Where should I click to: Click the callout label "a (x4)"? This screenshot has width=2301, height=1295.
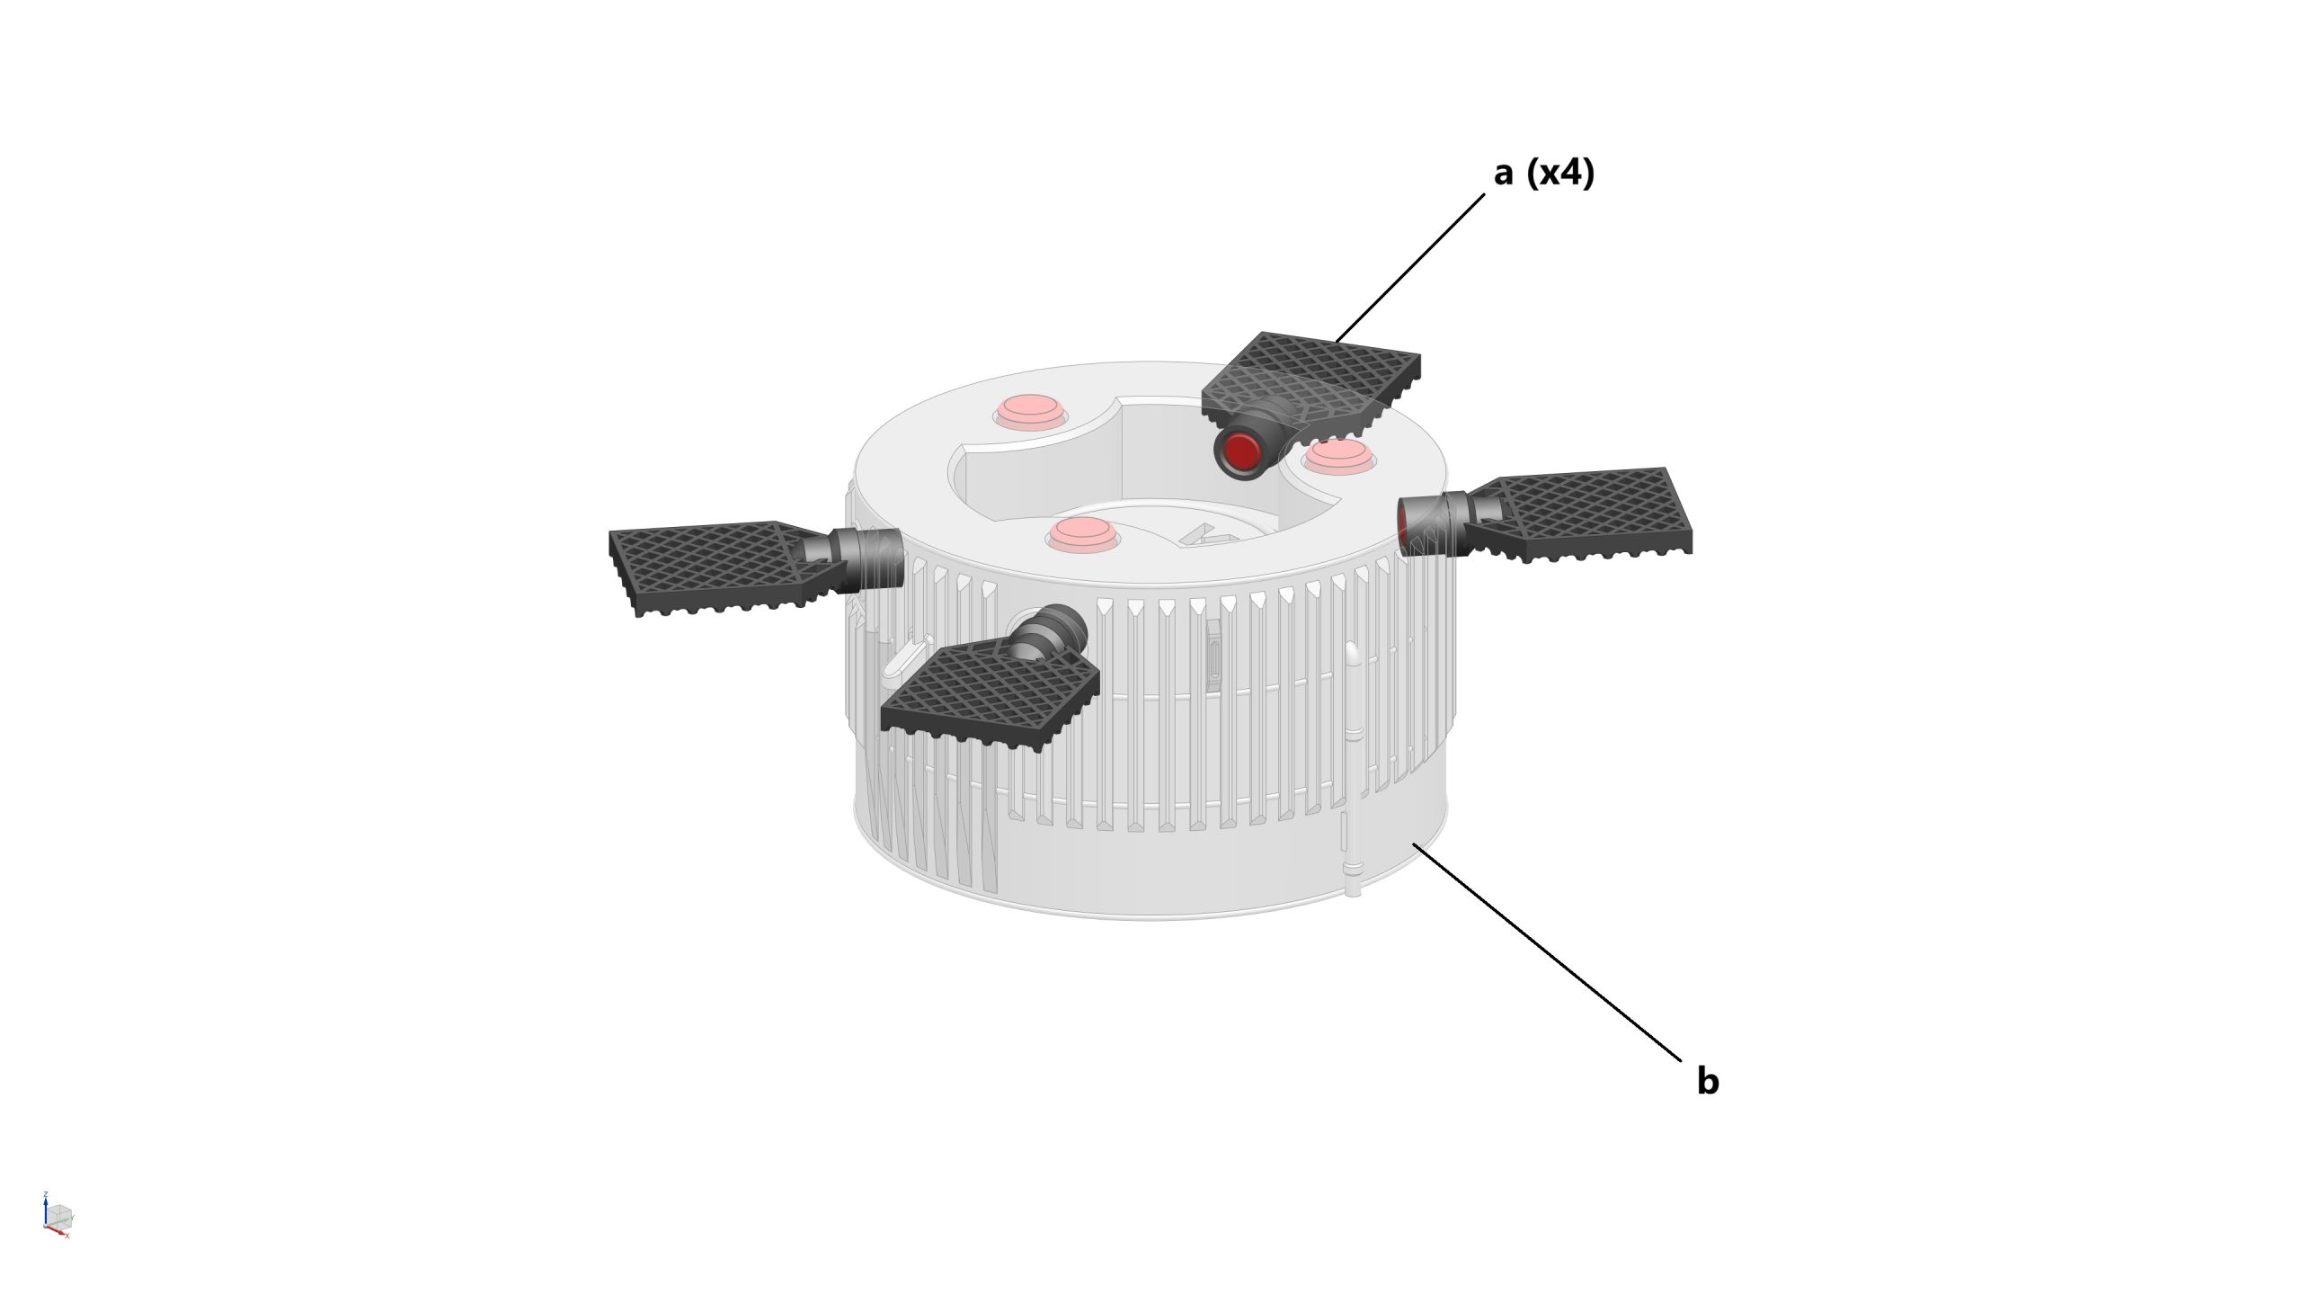pos(1543,173)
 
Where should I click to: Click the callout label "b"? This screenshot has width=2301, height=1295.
pos(1707,1080)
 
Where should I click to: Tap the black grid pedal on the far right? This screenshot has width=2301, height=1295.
pos(1582,513)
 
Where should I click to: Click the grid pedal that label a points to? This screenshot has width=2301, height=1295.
pos(1312,378)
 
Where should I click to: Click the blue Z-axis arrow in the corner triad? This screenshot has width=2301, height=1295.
pos(45,1207)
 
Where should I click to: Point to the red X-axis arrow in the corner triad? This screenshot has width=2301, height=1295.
pos(59,1232)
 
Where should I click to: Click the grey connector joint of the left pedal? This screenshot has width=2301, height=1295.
pos(863,558)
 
